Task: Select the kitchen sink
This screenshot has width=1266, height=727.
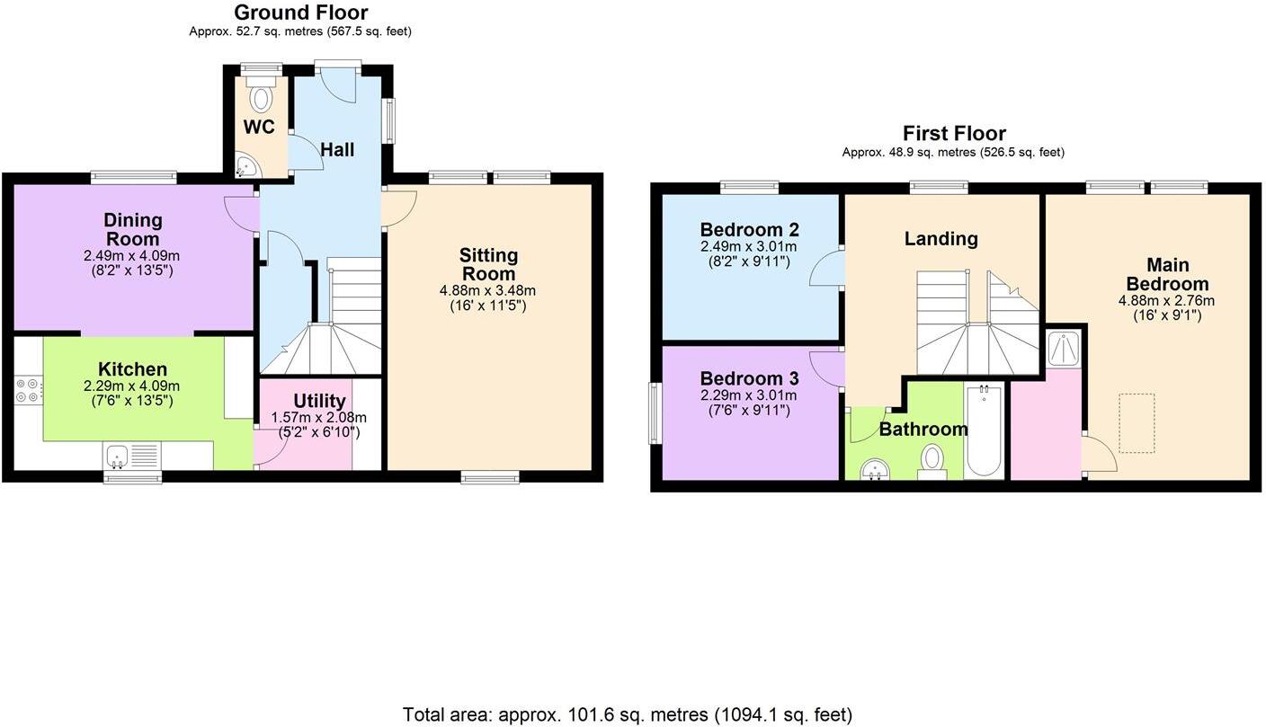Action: pyautogui.click(x=132, y=456)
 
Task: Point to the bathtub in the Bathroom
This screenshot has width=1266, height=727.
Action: pyautogui.click(x=983, y=431)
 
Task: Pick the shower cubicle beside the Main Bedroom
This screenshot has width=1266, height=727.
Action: pyautogui.click(x=1064, y=349)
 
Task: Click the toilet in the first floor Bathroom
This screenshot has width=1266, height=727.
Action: pyautogui.click(x=932, y=462)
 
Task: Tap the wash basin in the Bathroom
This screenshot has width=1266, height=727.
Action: pyautogui.click(x=873, y=469)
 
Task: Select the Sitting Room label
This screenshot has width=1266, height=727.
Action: pyautogui.click(x=488, y=265)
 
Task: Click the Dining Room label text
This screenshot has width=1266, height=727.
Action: pyautogui.click(x=133, y=229)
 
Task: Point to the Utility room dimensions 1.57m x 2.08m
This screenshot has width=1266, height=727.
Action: pyautogui.click(x=319, y=417)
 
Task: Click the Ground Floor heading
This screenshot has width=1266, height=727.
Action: pyautogui.click(x=300, y=13)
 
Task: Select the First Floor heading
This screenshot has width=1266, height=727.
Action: pyautogui.click(x=953, y=134)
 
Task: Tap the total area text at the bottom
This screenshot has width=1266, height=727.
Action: pyautogui.click(x=627, y=714)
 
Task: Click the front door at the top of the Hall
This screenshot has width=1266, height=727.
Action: pyautogui.click(x=338, y=83)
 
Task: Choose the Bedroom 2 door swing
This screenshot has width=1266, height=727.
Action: pyautogui.click(x=826, y=269)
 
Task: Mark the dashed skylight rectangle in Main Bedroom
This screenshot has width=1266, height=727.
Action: pyautogui.click(x=1137, y=423)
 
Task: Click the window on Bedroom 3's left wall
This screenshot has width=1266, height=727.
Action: pyautogui.click(x=655, y=413)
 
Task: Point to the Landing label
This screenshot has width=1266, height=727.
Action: pyautogui.click(x=941, y=238)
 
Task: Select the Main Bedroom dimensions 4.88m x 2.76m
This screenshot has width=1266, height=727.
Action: pyautogui.click(x=1166, y=301)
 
